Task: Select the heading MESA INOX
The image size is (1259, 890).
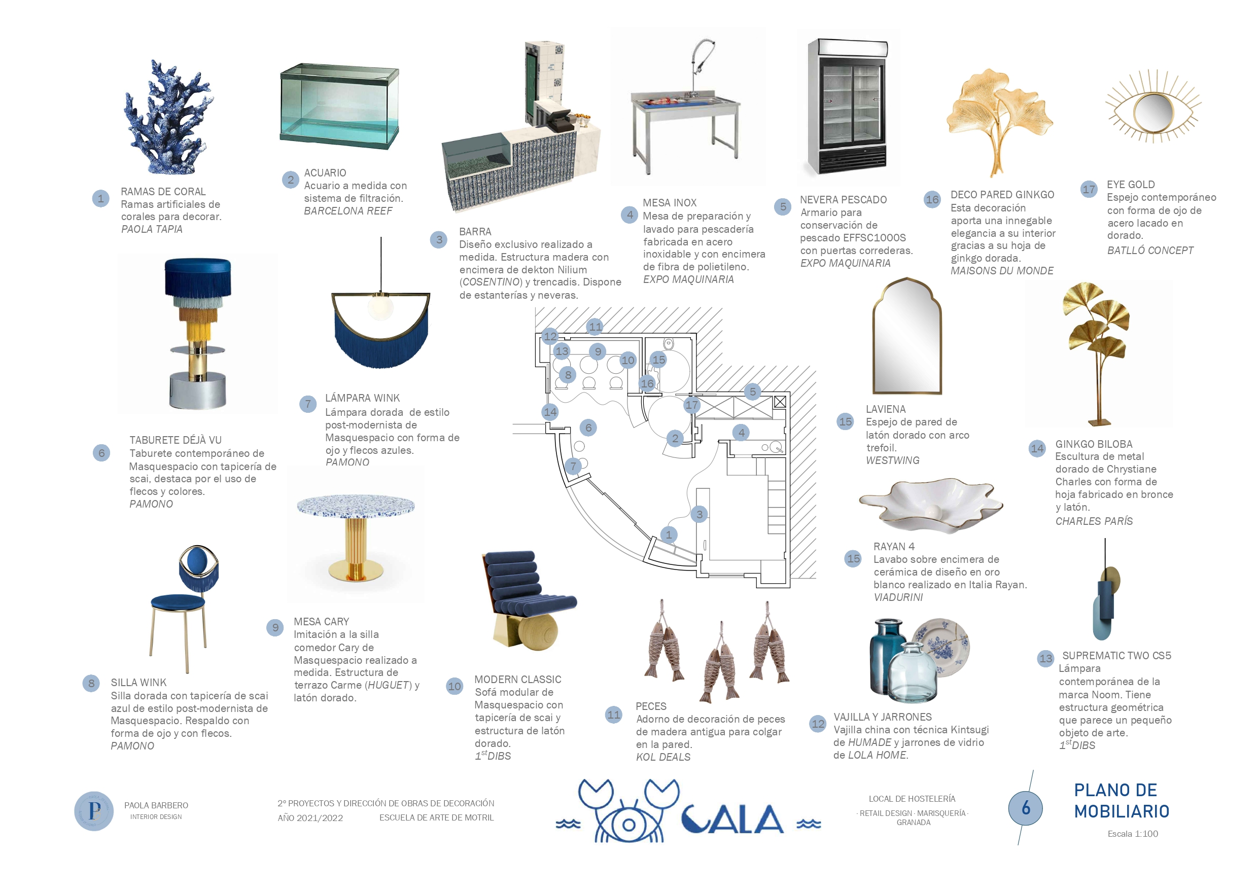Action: coord(670,203)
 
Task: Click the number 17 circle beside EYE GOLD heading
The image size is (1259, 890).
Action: coord(1089,190)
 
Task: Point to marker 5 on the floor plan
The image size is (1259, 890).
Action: coord(752,391)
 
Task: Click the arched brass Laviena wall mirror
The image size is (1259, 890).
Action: coord(907,337)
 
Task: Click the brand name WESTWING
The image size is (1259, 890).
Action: coord(892,460)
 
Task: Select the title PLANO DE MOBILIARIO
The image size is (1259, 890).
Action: coord(1121,801)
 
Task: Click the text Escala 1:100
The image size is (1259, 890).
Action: coord(1132,834)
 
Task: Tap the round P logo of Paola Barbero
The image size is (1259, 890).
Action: coord(94,810)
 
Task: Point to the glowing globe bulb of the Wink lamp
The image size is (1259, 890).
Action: coord(380,306)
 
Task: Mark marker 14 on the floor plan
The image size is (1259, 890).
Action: coord(550,412)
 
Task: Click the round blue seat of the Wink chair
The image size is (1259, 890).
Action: coord(178,602)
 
